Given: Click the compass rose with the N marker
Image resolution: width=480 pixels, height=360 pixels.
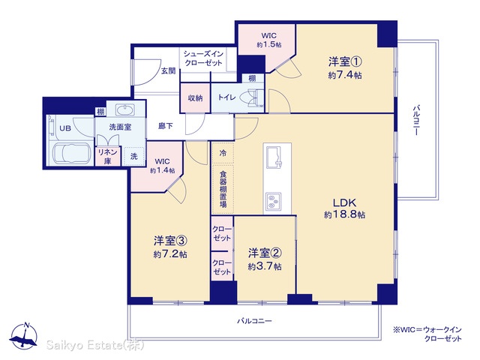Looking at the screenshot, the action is (23, 336).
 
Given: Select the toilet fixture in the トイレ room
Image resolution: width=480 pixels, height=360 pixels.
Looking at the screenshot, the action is (252, 97).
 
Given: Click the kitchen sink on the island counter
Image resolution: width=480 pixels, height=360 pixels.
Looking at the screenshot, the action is (274, 157).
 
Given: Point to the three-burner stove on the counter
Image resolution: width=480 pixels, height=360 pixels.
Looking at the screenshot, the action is (274, 202).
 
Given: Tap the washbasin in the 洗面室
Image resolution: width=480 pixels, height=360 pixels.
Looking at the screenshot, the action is (124, 109).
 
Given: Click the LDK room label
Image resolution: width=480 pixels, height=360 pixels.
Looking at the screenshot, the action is (344, 202).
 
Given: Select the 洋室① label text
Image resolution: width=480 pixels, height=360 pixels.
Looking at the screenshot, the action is (345, 61).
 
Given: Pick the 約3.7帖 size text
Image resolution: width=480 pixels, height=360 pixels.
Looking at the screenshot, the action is (265, 266).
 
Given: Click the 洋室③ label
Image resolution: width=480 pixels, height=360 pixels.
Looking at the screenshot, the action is (170, 241).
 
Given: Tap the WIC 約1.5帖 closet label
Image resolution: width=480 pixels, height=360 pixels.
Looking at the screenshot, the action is (268, 40).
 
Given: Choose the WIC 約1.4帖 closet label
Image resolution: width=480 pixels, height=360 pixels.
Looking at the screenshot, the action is (163, 166).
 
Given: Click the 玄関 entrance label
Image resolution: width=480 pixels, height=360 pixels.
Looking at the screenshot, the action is (168, 71).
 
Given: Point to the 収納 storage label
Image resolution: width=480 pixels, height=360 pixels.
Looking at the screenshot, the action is (195, 98).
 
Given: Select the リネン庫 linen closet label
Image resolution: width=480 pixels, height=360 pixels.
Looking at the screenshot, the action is (107, 157).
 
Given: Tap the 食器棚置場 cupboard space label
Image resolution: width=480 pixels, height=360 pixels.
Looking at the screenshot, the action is (223, 188).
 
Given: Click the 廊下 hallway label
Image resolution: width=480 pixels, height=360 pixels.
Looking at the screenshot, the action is (166, 126).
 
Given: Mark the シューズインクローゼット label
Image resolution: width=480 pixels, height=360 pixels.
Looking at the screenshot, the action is (203, 58).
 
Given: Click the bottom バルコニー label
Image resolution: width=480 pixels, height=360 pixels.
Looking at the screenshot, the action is (254, 321).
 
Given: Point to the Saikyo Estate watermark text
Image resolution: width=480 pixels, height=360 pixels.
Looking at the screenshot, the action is (94, 345).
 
